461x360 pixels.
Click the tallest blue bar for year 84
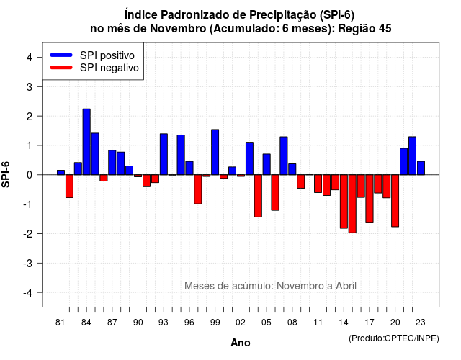pos(86,142)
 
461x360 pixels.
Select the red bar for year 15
pos(352,204)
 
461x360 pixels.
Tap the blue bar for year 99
pos(215,152)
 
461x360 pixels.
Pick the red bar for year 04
pos(258,196)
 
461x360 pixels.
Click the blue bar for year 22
pos(412,156)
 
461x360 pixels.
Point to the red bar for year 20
pos(395,201)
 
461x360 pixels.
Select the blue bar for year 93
pos(164,154)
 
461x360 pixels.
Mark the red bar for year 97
pos(198,189)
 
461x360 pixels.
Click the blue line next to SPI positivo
pos(61,55)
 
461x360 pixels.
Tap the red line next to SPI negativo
pos(61,67)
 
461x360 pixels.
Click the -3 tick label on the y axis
pos(28,263)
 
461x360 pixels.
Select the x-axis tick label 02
pos(240,323)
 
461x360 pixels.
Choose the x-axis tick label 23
pos(421,323)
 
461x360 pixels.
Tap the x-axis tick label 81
pos(60,323)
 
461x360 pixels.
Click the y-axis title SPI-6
pos(6,174)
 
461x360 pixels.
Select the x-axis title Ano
pos(241,343)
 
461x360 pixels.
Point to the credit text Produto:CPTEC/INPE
pos(394,338)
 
